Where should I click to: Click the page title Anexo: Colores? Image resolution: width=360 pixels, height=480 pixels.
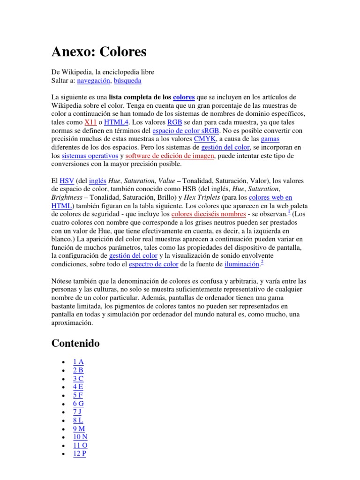pos(99,51)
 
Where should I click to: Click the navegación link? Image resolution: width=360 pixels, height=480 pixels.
pos(94,81)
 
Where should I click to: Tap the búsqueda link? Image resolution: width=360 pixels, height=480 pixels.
pos(127,81)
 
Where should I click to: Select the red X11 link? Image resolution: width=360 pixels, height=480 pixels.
pos(90,122)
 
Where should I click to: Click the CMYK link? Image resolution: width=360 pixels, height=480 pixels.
pos(205,139)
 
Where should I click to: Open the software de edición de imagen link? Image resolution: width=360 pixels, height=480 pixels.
pos(170,156)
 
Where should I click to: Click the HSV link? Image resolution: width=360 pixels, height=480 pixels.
pos(67,181)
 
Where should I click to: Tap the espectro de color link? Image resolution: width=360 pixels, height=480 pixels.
pos(154,264)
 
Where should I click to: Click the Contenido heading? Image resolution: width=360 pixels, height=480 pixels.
pos(75,344)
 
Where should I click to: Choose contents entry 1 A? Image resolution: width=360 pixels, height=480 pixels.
pos(78,361)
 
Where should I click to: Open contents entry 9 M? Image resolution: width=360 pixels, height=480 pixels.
pos(79,429)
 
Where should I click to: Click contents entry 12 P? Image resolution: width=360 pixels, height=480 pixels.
pos(80,453)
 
